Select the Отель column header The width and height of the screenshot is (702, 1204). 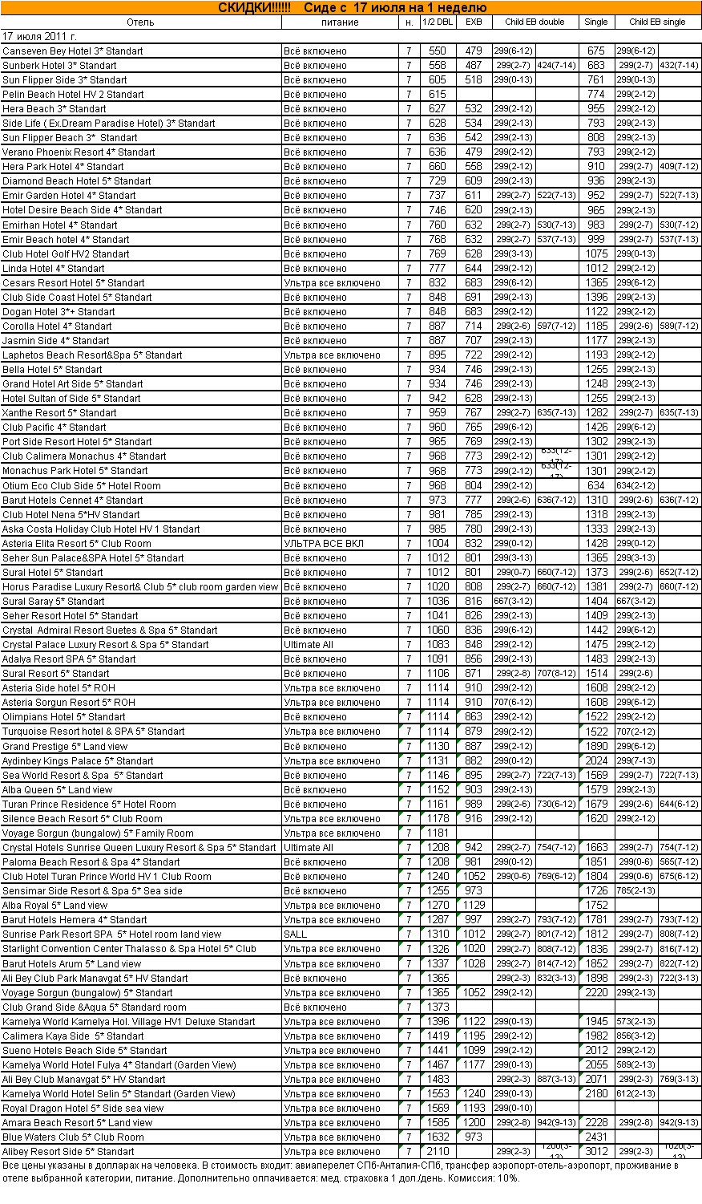(140, 22)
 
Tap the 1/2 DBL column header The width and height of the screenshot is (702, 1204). (438, 22)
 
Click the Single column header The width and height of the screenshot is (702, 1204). (596, 22)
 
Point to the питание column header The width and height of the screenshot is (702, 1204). (340, 22)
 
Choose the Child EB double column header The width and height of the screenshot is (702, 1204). (535, 22)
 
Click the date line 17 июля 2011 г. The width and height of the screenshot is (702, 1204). (39, 37)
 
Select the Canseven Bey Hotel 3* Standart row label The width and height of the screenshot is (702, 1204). (72, 51)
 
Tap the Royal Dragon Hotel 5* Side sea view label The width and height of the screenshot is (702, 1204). (83, 1109)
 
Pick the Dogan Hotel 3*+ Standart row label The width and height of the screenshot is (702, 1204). (58, 312)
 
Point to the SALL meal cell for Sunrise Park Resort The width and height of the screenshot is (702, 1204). (295, 934)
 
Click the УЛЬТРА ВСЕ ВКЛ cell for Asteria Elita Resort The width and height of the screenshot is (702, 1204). (324, 544)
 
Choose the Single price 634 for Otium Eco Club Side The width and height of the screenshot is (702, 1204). (596, 486)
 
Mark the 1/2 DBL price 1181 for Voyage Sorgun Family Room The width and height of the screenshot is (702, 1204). (438, 833)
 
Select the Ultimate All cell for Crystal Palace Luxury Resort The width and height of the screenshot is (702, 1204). (309, 645)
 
